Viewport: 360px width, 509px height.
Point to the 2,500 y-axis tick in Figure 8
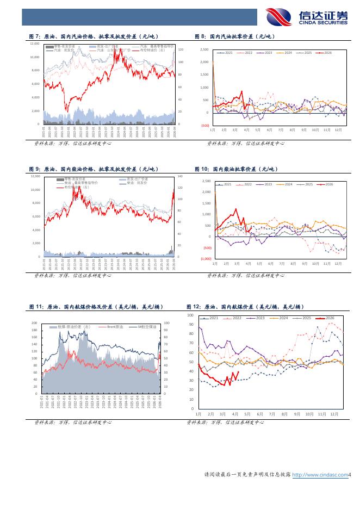[204, 49]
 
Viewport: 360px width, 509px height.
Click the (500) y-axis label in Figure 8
[205, 126]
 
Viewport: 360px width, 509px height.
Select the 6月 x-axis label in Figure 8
[269, 131]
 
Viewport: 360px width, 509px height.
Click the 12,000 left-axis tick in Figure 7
[35, 44]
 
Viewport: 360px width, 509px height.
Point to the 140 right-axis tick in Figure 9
[181, 177]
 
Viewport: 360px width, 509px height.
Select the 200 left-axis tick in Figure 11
[34, 323]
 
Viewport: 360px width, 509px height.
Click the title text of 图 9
[88, 169]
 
